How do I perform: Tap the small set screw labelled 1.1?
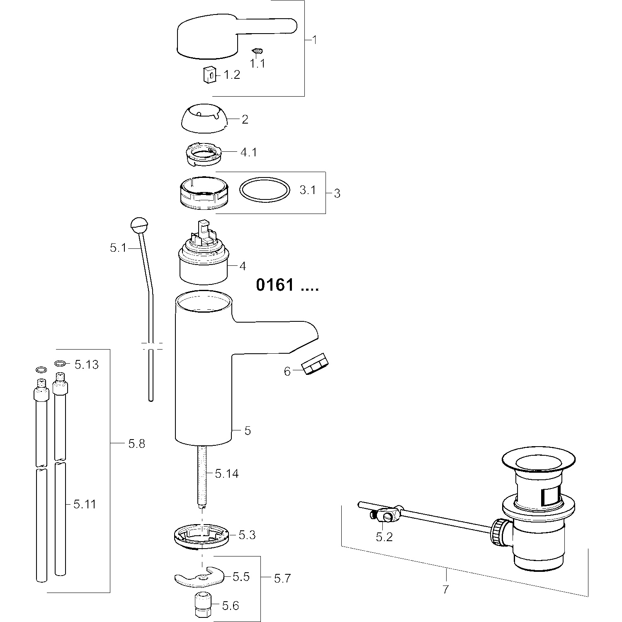click(x=258, y=51)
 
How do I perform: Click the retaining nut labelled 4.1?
click(x=204, y=154)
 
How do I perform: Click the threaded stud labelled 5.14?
click(x=202, y=477)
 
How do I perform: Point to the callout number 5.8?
click(x=136, y=444)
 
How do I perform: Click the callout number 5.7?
click(x=282, y=578)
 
